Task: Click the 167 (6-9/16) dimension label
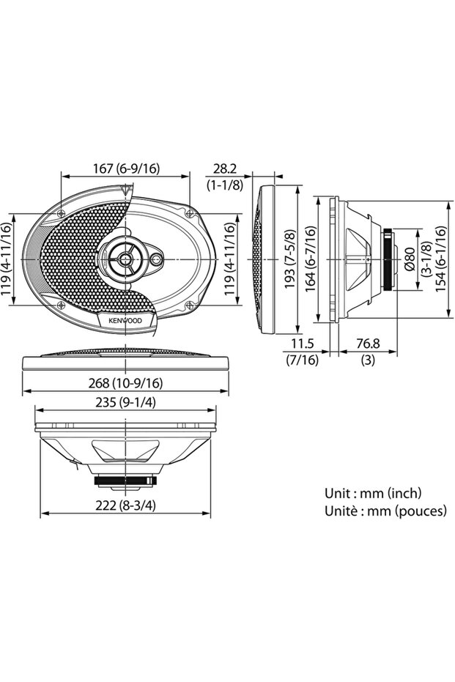[126, 168]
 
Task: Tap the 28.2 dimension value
[224, 168]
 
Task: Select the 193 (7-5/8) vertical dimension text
[289, 259]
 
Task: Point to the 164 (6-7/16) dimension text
[311, 259]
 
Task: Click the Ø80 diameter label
[410, 259]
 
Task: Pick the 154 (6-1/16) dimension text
[440, 259]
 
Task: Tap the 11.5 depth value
[303, 344]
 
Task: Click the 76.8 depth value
[368, 344]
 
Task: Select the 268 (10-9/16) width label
[125, 383]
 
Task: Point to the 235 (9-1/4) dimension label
[125, 403]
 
